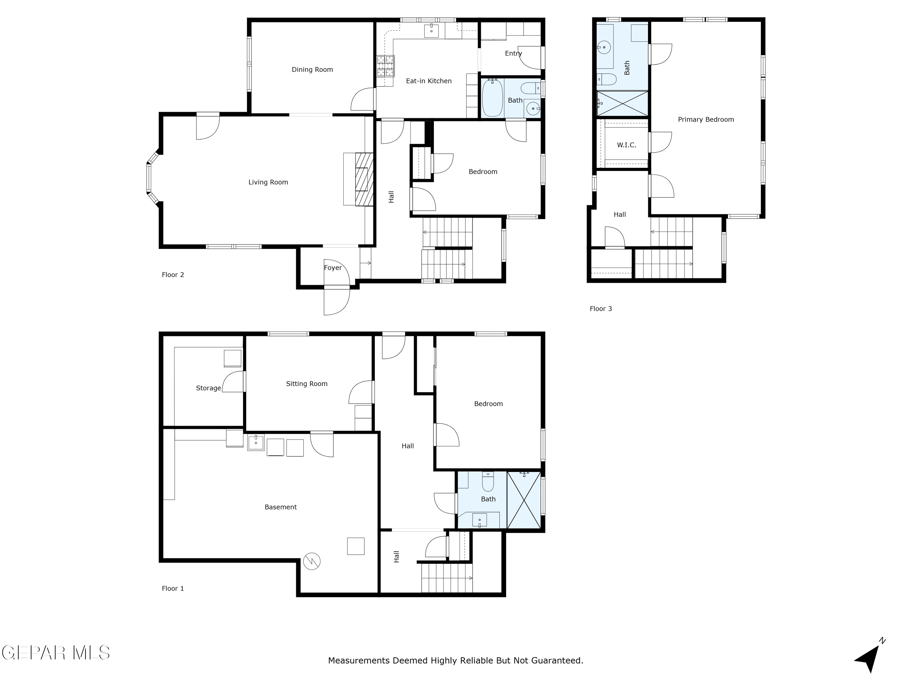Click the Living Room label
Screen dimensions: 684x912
pyautogui.click(x=268, y=182)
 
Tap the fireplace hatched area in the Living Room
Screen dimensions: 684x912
pyautogui.click(x=364, y=179)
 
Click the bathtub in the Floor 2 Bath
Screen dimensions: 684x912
pyautogui.click(x=492, y=98)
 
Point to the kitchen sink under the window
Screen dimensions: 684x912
pyautogui.click(x=431, y=31)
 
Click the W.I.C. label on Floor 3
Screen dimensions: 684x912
pyautogui.click(x=626, y=145)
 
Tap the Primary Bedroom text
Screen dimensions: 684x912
pyautogui.click(x=705, y=120)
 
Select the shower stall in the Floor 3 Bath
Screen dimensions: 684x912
pyautogui.click(x=622, y=104)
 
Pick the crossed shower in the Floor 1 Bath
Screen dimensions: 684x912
pyautogui.click(x=524, y=500)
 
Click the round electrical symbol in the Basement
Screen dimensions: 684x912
pyautogui.click(x=312, y=561)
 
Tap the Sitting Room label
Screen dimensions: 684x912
pyautogui.click(x=306, y=384)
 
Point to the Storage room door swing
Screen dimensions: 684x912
pyautogui.click(x=233, y=382)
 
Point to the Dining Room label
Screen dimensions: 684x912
pyautogui.click(x=312, y=70)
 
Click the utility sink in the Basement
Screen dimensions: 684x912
pyautogui.click(x=256, y=443)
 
